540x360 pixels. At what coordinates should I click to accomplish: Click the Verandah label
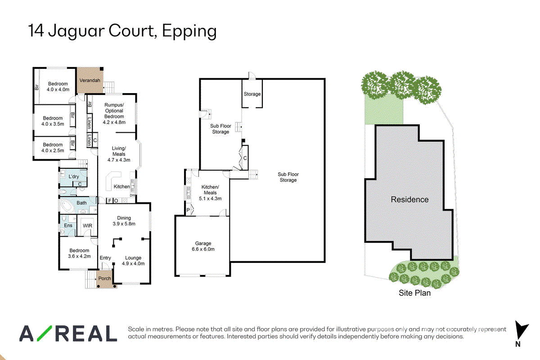point(90,80)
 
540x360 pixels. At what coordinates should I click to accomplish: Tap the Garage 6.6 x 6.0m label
point(203,246)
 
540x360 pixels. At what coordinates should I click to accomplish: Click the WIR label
point(87,226)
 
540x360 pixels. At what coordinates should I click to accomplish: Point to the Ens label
point(68,225)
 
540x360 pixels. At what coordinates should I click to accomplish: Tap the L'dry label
point(74,176)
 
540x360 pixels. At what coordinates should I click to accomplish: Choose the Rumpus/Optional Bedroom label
point(114,113)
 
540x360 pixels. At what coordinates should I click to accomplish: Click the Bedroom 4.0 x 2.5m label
point(53,148)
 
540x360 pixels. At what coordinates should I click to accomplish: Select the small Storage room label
point(252,94)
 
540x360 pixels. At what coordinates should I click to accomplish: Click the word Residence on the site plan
point(409,199)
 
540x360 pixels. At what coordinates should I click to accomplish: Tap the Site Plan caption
point(414,293)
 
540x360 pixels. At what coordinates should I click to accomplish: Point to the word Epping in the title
point(189,32)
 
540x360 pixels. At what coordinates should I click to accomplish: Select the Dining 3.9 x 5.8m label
point(124,221)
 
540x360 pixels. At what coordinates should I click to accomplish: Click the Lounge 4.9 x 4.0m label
point(133,261)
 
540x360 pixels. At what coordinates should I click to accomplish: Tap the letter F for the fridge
point(110,201)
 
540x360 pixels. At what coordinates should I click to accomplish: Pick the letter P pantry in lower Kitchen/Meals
point(188,210)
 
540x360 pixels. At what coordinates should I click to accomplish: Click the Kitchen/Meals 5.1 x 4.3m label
point(210,193)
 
